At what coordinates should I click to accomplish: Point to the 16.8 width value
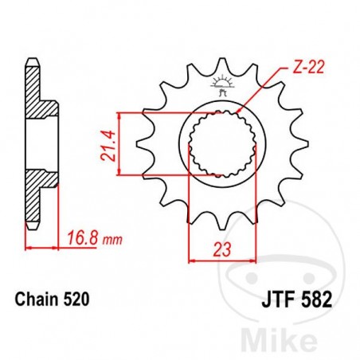click(x=80, y=237)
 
